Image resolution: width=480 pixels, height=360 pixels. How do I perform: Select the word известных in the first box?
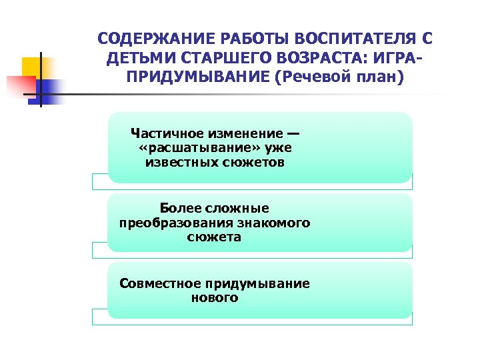tap(175, 162)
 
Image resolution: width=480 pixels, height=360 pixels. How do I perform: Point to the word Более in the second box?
tap(177, 209)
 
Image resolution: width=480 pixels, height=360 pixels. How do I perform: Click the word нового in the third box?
tap(214, 298)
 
